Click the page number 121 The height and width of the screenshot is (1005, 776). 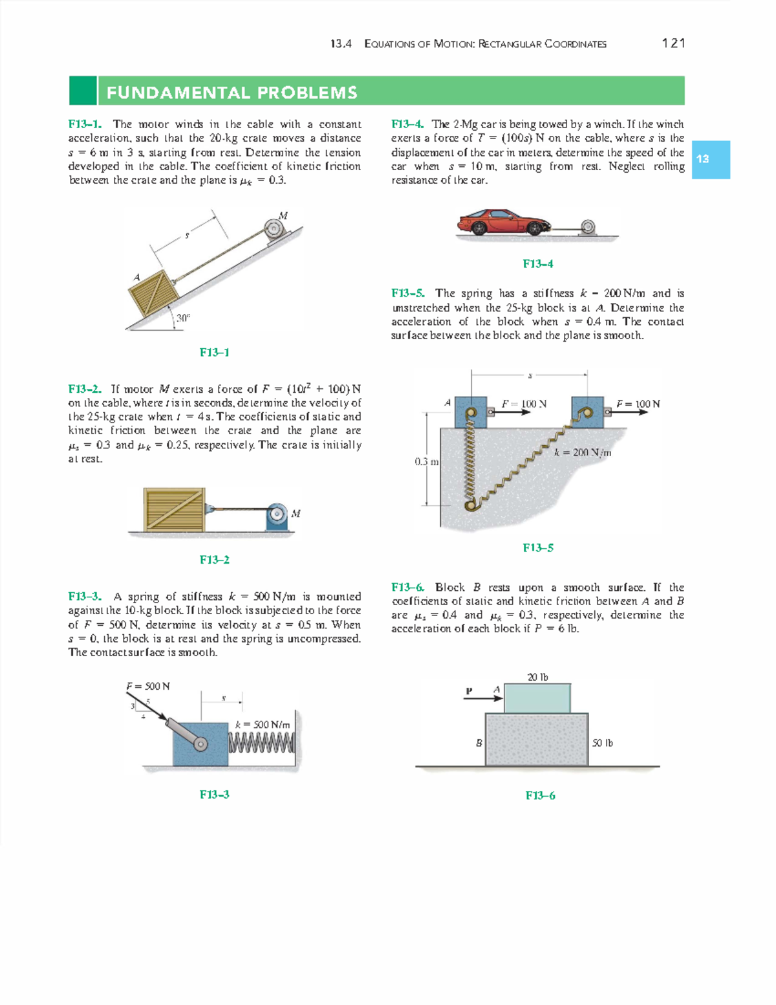pyautogui.click(x=673, y=43)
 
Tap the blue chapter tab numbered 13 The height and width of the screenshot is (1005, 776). pyautogui.click(x=710, y=159)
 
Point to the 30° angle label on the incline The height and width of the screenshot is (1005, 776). pyautogui.click(x=184, y=318)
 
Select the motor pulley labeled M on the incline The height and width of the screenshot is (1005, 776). pyautogui.click(x=275, y=229)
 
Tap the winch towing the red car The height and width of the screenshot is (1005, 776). pyautogui.click(x=587, y=227)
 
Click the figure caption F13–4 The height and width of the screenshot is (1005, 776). pyautogui.click(x=537, y=263)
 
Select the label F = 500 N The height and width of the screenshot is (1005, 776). pyautogui.click(x=148, y=686)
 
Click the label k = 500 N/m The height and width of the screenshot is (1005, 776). pyautogui.click(x=263, y=725)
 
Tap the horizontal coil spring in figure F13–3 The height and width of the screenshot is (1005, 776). pyautogui.click(x=262, y=742)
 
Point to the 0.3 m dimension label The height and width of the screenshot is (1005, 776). pyautogui.click(x=427, y=462)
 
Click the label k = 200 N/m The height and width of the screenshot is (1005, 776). pyautogui.click(x=582, y=452)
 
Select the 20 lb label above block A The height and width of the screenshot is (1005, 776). pyautogui.click(x=537, y=677)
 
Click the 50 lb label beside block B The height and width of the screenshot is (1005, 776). pyautogui.click(x=602, y=743)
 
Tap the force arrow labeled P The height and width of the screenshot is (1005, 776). pyautogui.click(x=482, y=698)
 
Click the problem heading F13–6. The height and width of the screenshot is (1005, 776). pyautogui.click(x=408, y=587)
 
